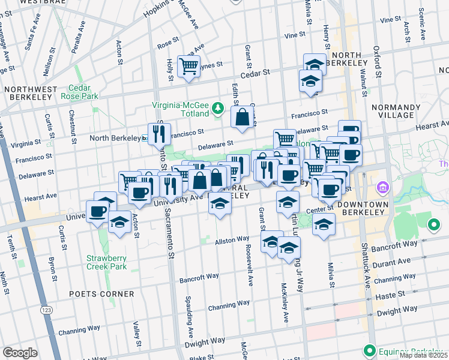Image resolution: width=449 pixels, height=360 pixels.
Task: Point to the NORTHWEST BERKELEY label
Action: coord(31,94)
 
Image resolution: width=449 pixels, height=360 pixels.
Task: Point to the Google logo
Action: coord(20,353)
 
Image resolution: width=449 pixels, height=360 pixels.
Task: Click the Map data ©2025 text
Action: coord(423,355)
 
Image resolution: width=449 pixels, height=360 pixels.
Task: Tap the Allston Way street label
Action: coord(232,241)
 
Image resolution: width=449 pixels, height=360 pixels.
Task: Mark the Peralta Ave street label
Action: coord(74,40)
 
